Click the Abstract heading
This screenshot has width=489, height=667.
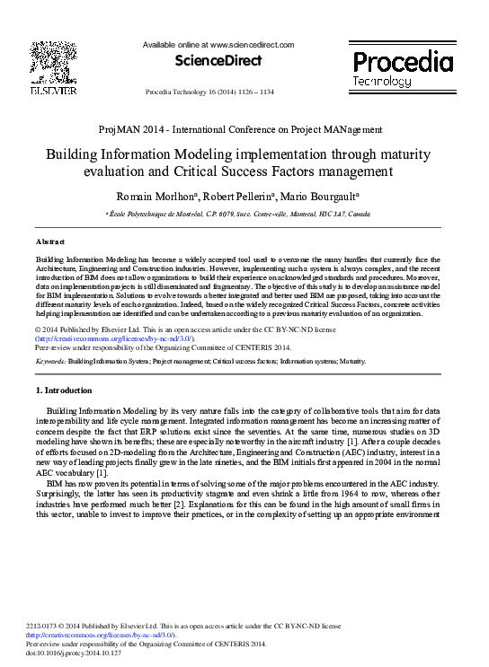[49, 242]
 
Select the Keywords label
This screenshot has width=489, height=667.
[53, 359]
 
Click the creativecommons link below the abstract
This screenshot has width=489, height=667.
[107, 339]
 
